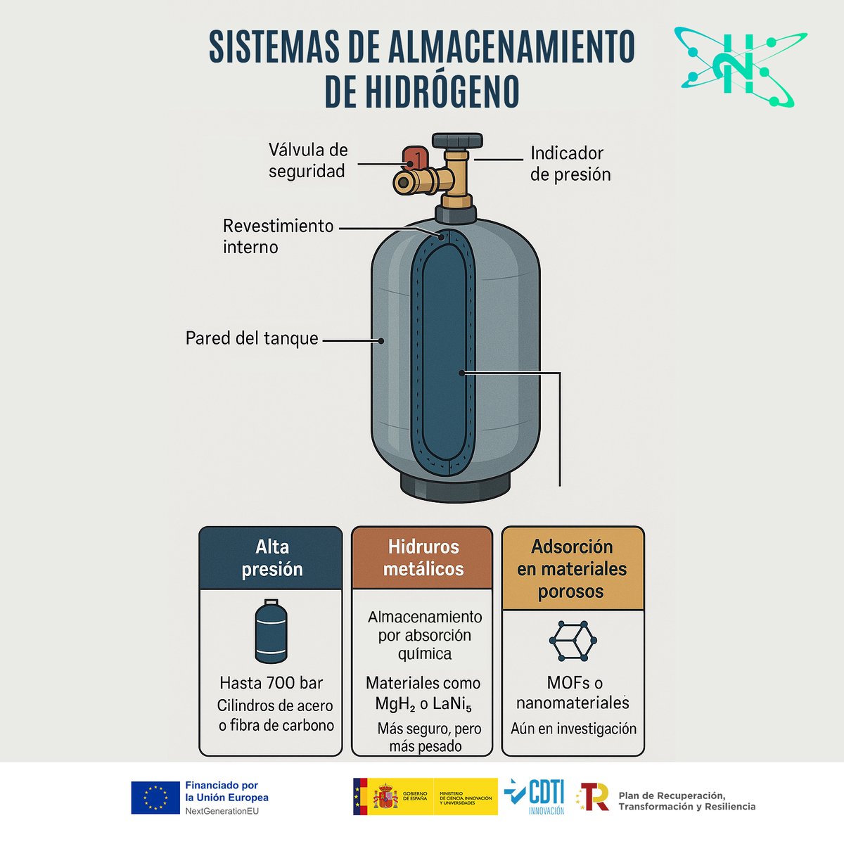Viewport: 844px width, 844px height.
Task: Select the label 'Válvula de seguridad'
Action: click(307, 160)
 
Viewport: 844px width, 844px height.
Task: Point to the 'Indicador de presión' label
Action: click(570, 164)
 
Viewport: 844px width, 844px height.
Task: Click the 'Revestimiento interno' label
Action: click(278, 236)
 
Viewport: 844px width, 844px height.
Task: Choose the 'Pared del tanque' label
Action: click(252, 338)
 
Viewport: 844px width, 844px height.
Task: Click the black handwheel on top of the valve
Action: click(457, 140)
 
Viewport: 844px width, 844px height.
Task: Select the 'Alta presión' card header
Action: click(271, 558)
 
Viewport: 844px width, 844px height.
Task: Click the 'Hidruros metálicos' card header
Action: click(423, 558)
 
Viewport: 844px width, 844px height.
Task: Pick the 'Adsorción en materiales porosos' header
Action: click(572, 568)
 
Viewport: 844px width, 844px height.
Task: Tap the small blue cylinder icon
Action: click(271, 631)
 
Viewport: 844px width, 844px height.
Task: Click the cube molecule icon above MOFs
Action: click(573, 641)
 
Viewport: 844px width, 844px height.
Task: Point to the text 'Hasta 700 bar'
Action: click(271, 683)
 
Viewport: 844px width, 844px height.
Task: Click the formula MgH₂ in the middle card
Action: click(389, 704)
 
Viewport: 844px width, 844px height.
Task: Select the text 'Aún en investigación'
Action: click(573, 729)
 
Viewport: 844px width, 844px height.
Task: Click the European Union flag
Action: click(155, 798)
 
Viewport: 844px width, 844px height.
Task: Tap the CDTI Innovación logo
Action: click(535, 797)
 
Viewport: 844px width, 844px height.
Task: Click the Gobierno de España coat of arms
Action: click(385, 796)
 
